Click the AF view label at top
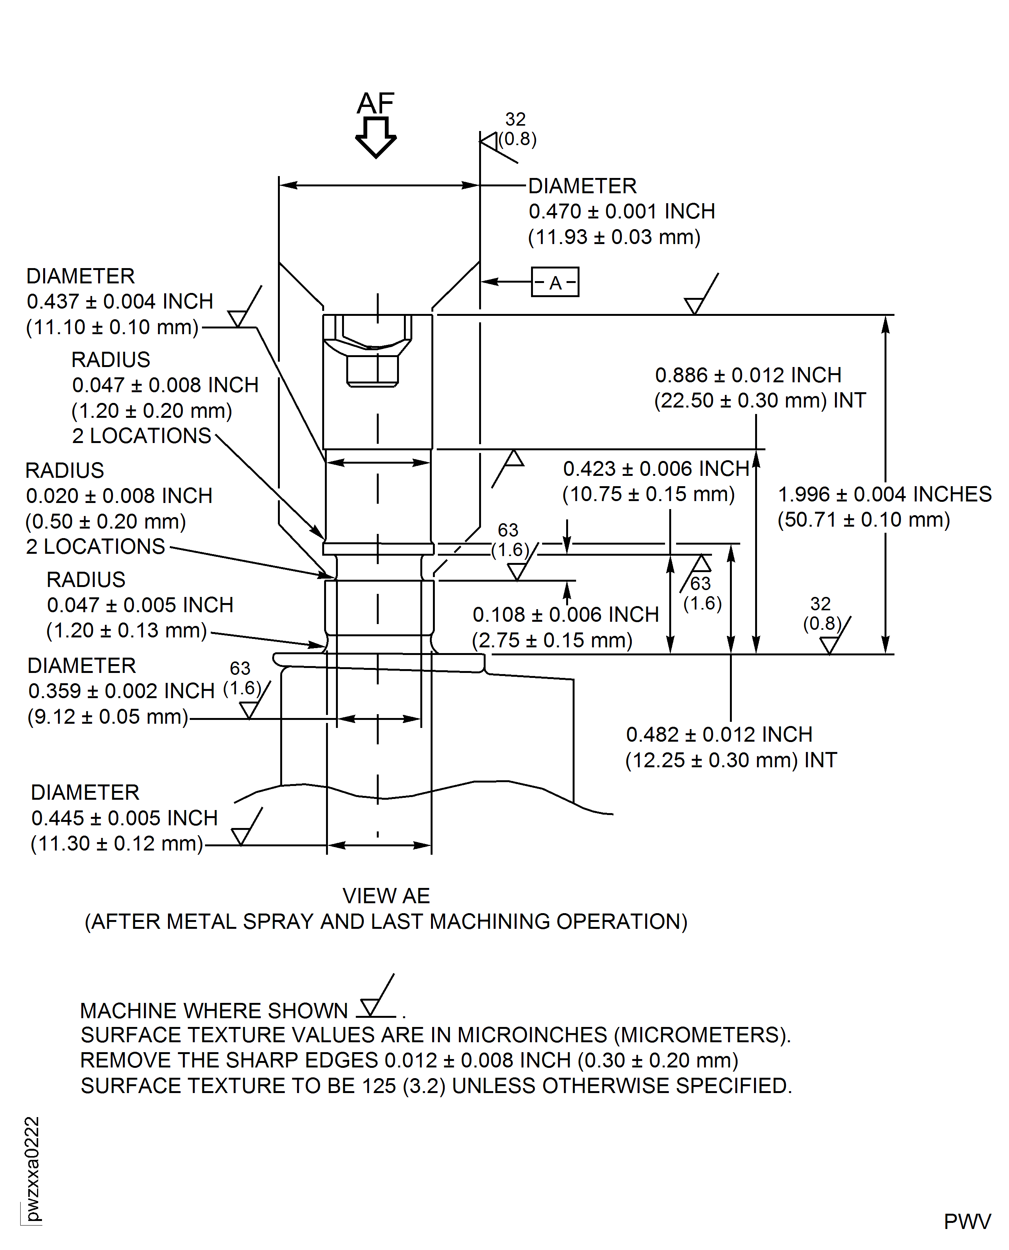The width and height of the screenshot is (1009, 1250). tap(376, 104)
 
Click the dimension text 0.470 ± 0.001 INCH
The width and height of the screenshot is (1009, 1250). tap(622, 212)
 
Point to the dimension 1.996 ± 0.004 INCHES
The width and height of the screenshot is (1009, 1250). tap(884, 494)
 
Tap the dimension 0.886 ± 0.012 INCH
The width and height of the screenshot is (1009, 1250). tap(748, 375)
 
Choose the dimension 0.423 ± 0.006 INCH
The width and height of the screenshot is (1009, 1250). tap(655, 469)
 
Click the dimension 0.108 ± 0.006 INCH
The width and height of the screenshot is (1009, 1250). tap(565, 614)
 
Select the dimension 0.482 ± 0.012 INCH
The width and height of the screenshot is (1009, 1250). tap(719, 734)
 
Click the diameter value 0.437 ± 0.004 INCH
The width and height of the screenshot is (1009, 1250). tap(120, 302)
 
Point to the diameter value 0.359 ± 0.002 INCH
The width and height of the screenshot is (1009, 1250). tap(121, 691)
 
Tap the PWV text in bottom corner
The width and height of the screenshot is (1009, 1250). tap(967, 1221)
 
